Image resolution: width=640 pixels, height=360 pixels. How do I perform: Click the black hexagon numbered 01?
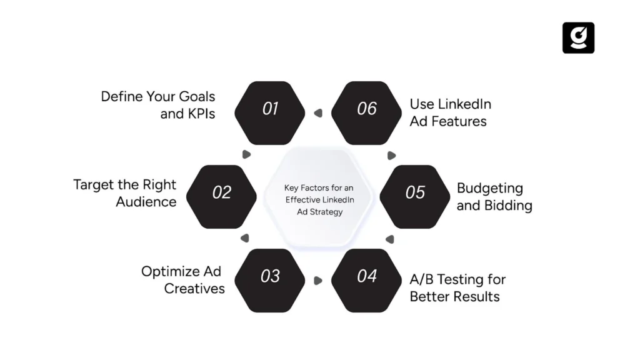pyautogui.click(x=270, y=109)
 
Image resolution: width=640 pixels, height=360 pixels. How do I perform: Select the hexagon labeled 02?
pyautogui.click(x=222, y=192)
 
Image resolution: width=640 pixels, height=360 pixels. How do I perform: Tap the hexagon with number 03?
pyautogui.click(x=270, y=276)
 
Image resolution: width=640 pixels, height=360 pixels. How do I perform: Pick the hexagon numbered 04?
pyautogui.click(x=367, y=276)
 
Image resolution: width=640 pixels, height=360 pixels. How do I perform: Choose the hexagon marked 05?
pyautogui.click(x=415, y=192)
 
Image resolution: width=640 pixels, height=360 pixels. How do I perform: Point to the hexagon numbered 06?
pyautogui.click(x=367, y=109)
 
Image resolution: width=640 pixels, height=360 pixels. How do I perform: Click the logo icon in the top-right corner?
pyautogui.click(x=578, y=38)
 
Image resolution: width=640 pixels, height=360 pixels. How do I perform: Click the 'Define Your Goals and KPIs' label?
pyautogui.click(x=158, y=105)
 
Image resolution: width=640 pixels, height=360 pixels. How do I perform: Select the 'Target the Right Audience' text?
pyautogui.click(x=125, y=193)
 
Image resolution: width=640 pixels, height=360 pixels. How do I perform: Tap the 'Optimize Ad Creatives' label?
pyautogui.click(x=182, y=280)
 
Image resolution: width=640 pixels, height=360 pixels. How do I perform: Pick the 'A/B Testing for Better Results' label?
pyautogui.click(x=457, y=287)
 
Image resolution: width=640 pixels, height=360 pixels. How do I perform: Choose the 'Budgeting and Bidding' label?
pyautogui.click(x=494, y=197)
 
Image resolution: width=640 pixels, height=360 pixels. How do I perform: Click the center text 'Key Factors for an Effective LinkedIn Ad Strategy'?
pyautogui.click(x=319, y=200)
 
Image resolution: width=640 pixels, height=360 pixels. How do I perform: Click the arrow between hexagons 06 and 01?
pyautogui.click(x=318, y=113)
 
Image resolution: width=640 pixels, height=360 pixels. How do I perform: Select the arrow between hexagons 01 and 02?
pyautogui.click(x=246, y=154)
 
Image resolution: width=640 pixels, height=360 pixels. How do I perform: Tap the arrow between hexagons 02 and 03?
pyautogui.click(x=245, y=238)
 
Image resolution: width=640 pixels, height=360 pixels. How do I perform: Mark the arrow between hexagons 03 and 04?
pyautogui.click(x=318, y=281)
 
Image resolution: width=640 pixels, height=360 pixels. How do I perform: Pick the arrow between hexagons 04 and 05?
pyautogui.click(x=390, y=239)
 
